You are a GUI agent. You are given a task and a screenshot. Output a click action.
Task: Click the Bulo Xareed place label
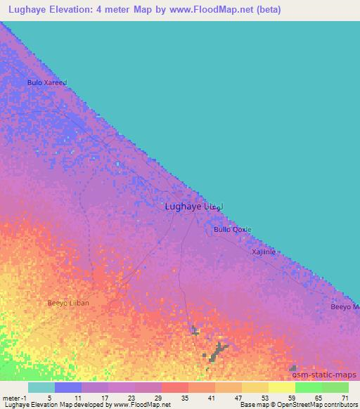coord(46,82)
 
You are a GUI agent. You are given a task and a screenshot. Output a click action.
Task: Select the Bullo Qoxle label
coord(232,230)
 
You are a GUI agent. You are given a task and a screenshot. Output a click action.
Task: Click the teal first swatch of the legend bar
coord(41,387)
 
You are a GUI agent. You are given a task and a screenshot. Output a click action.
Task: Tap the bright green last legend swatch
coord(335,387)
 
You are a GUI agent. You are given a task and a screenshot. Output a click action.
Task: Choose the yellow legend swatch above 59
coord(282,387)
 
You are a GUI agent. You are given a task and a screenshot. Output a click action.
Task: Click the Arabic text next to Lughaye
coord(213,207)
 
